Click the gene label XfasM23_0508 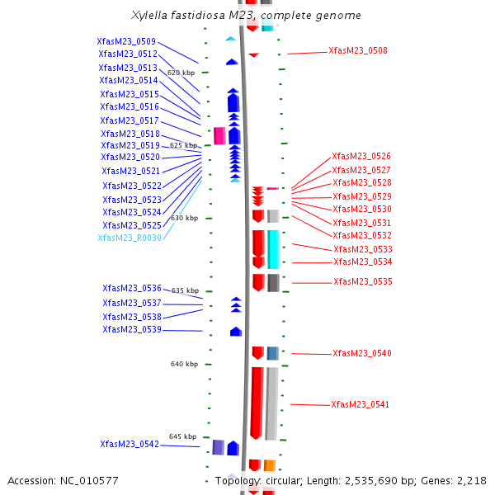click(x=357, y=50)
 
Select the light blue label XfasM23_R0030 click(x=130, y=238)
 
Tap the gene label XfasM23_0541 click(x=360, y=404)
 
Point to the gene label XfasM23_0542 click(x=129, y=444)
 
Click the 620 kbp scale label click(x=181, y=73)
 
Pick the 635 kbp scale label click(x=185, y=290)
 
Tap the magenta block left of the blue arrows click(x=219, y=136)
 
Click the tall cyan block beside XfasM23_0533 click(x=273, y=249)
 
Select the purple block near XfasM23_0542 click(x=218, y=447)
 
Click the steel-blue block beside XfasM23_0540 click(x=272, y=353)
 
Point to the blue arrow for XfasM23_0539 click(x=236, y=332)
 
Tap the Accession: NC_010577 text click(x=63, y=480)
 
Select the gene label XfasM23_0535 click(x=362, y=281)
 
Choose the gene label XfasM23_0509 click(x=126, y=41)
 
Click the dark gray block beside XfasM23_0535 click(x=273, y=282)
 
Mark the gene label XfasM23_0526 click(x=361, y=156)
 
